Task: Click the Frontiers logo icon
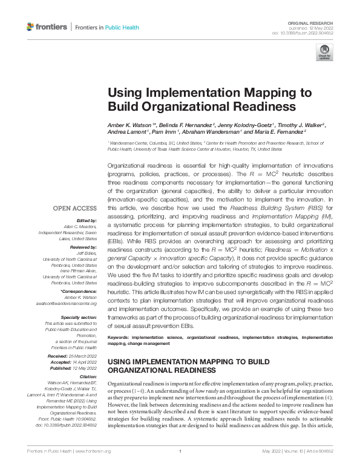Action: click(x=31, y=27)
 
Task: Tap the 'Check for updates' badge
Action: click(x=324, y=53)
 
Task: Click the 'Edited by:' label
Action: click(x=87, y=220)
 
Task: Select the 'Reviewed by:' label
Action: click(x=85, y=248)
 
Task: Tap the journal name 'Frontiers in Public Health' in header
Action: click(x=106, y=27)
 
